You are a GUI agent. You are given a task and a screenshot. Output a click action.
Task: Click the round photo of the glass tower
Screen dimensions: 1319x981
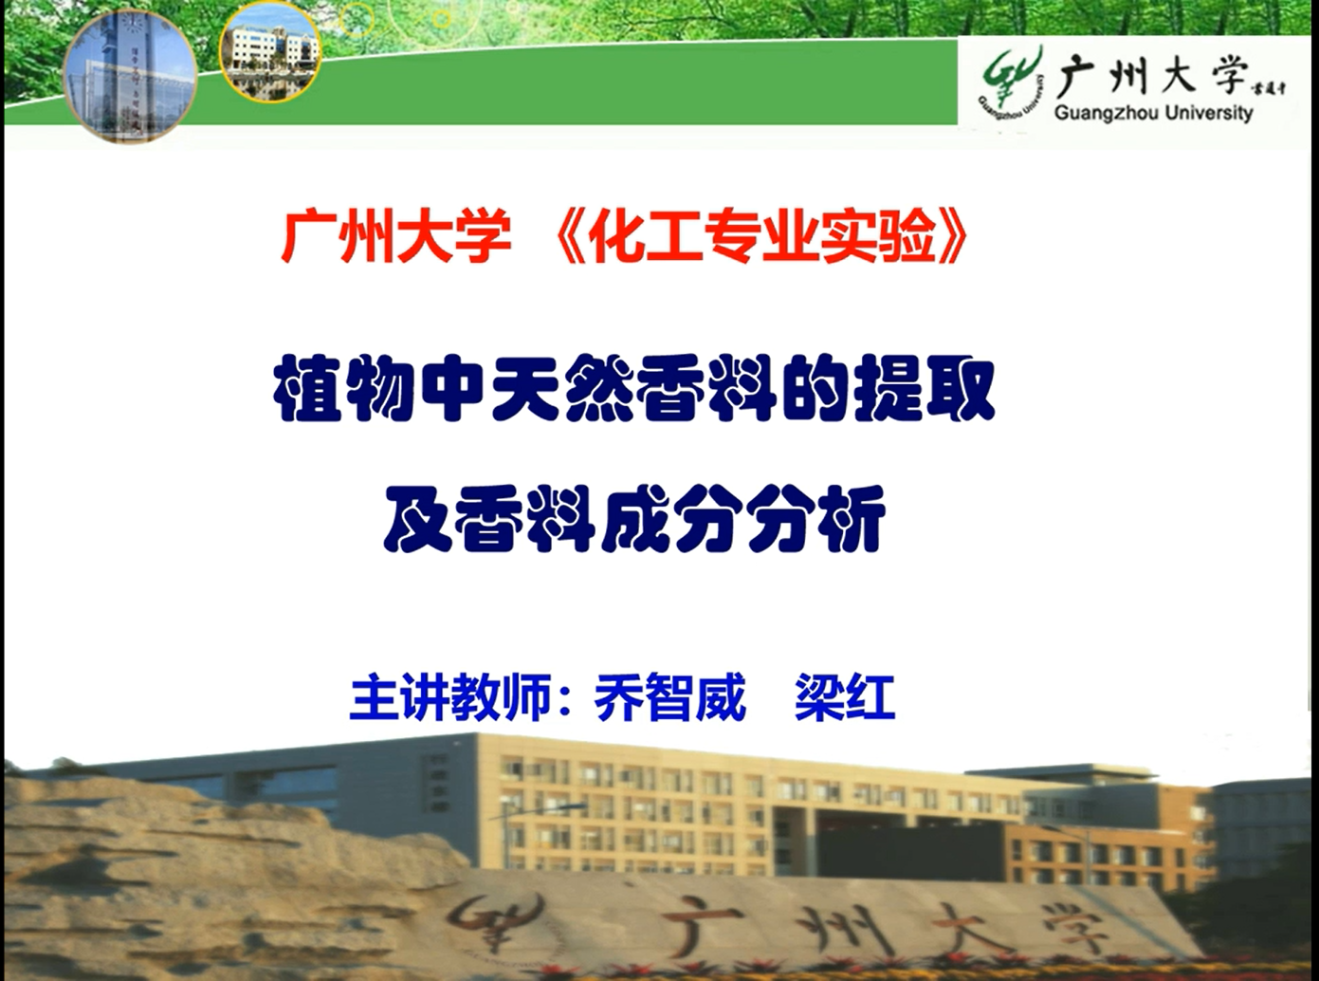130,76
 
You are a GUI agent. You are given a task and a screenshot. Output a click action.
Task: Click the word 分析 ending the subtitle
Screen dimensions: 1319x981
815,519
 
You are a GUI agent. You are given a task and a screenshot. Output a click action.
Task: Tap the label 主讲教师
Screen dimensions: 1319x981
450,697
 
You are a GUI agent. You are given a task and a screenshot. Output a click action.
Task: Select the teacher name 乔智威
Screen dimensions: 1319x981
669,697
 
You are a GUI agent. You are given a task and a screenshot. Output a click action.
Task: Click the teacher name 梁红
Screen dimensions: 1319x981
845,697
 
